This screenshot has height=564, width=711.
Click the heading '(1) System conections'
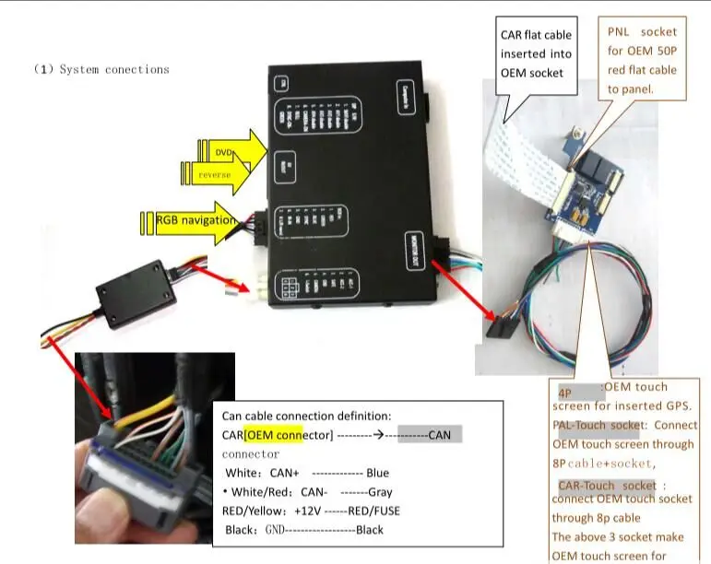point(101,69)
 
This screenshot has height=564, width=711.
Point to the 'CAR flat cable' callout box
point(537,55)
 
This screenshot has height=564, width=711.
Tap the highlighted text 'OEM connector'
point(274,434)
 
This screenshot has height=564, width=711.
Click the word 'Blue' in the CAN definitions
point(377,473)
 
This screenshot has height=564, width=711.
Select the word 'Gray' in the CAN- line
point(380,492)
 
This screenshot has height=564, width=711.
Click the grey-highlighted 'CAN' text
point(439,434)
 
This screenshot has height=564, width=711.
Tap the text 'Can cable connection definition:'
point(306,416)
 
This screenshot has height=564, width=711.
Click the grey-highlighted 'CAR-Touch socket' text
point(606,485)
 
